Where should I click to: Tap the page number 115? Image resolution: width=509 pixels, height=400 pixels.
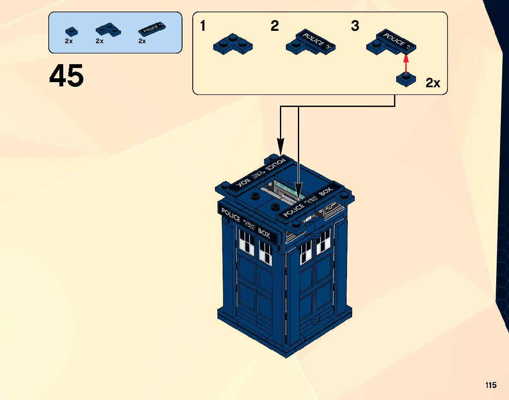coord(491,385)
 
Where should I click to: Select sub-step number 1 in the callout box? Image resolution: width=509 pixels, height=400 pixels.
coord(203,27)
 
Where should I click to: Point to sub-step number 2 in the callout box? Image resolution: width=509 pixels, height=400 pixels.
coord(275,27)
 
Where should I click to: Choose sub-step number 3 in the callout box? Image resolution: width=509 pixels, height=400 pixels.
coord(355,27)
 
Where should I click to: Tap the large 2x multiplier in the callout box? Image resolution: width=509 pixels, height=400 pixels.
coord(433,83)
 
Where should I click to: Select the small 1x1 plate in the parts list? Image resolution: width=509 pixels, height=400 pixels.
coord(71,31)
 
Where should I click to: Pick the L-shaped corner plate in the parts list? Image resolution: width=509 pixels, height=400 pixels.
coord(107,30)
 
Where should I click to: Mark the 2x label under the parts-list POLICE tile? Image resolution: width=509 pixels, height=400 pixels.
coord(142,41)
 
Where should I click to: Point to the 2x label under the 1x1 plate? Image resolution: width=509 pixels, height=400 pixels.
coord(69,41)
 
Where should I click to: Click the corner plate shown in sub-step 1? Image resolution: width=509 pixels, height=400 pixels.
coord(233,44)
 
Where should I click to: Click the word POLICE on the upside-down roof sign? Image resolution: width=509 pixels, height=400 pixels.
coord(277,163)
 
